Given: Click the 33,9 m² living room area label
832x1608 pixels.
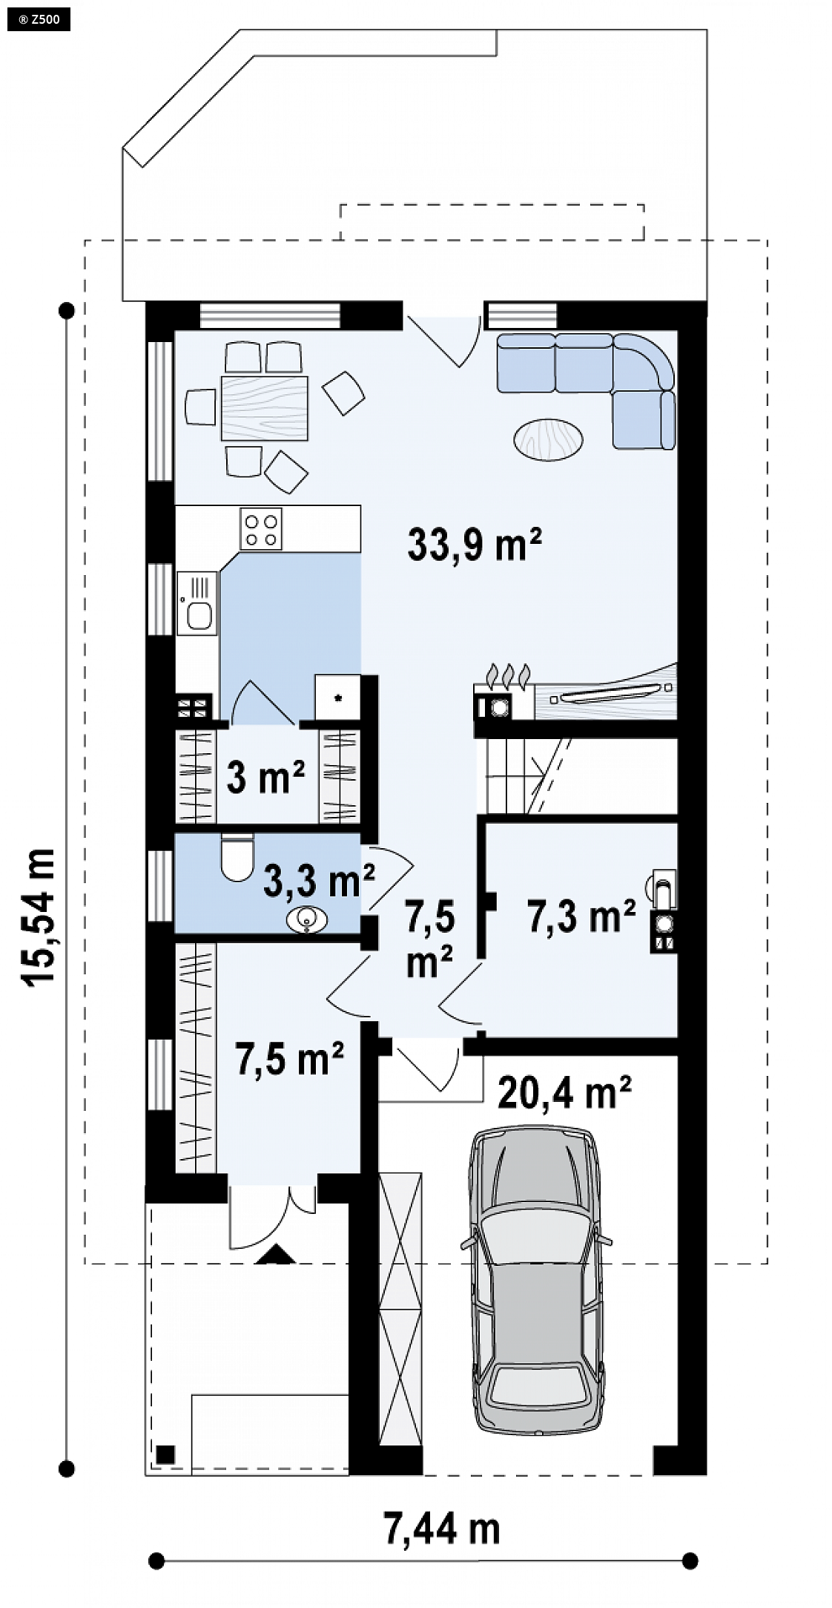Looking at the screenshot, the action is click(x=474, y=545).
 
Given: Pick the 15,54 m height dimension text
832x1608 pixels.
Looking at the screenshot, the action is click(x=39, y=917).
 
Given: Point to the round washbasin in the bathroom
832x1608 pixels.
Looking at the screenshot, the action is click(x=306, y=921).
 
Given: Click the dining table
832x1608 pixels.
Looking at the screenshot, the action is click(x=265, y=409).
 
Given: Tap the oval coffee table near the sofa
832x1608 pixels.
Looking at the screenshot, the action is click(x=549, y=439).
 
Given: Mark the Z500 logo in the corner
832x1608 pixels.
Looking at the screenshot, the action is click(x=38, y=19).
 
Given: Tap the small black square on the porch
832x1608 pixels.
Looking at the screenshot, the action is click(x=165, y=1454).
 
